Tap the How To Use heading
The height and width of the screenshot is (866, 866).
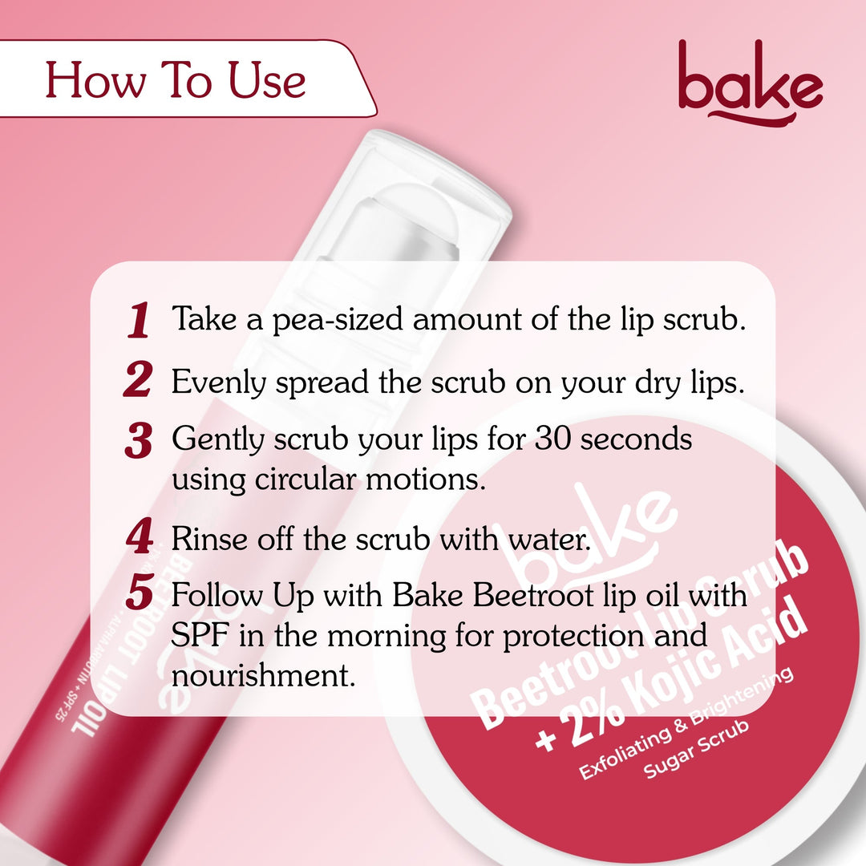(176, 81)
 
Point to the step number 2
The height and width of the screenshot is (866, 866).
(138, 380)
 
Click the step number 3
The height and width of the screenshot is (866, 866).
(138, 441)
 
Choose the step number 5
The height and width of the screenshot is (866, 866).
(139, 595)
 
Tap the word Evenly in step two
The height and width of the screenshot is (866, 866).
(219, 382)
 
